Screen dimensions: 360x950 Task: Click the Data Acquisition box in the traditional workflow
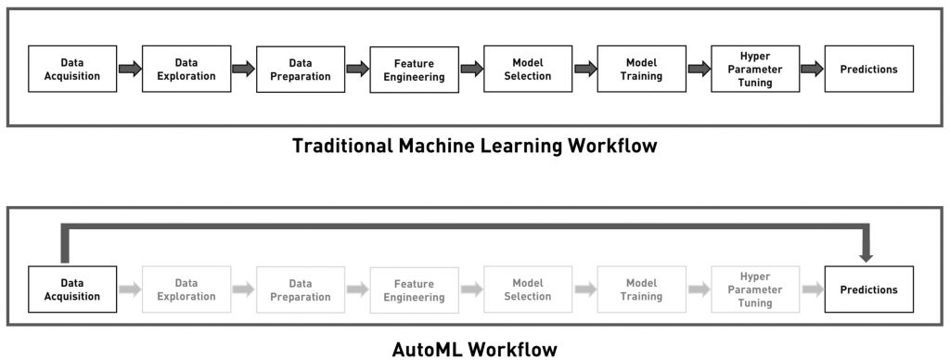pyautogui.click(x=72, y=69)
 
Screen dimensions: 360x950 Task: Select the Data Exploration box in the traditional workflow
pyautogui.click(x=186, y=69)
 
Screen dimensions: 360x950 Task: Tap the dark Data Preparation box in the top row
pyautogui.click(x=300, y=69)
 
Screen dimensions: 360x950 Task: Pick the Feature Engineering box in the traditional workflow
pyautogui.click(x=414, y=70)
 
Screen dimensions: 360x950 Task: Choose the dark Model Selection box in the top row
pyautogui.click(x=527, y=69)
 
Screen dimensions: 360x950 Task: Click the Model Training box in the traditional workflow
pyautogui.click(x=641, y=69)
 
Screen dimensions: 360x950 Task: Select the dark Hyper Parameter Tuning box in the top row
pyautogui.click(x=755, y=69)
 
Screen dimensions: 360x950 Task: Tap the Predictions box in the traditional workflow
pyautogui.click(x=868, y=69)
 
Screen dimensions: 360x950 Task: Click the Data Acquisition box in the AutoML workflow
pyautogui.click(x=72, y=289)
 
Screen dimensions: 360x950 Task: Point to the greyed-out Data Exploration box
pyautogui.click(x=186, y=289)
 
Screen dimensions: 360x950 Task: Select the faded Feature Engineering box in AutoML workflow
pyautogui.click(x=414, y=290)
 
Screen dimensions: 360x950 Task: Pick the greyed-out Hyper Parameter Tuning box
pyautogui.click(x=755, y=289)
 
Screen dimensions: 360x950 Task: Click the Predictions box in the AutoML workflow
pyautogui.click(x=868, y=289)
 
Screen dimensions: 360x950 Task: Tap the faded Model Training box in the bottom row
pyautogui.click(x=641, y=289)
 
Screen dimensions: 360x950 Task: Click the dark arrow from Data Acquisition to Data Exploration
pyautogui.click(x=130, y=69)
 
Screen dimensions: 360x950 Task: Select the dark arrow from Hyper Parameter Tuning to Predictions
pyautogui.click(x=812, y=69)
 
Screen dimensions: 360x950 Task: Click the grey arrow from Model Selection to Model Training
pyautogui.click(x=584, y=289)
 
